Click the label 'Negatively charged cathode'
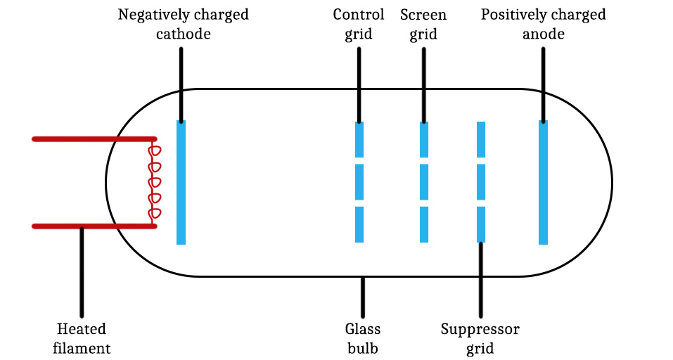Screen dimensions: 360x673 click(x=183, y=24)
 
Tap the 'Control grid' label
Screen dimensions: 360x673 click(x=359, y=24)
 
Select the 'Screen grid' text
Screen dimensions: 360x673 click(x=423, y=24)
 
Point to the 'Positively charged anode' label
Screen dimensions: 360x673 click(x=543, y=24)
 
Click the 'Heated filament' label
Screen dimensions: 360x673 click(x=82, y=338)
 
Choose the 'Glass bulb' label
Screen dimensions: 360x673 click(x=363, y=338)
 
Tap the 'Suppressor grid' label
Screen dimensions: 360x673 click(x=480, y=338)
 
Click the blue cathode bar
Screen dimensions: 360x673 click(x=181, y=183)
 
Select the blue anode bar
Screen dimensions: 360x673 click(x=543, y=183)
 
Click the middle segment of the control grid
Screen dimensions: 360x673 click(x=359, y=182)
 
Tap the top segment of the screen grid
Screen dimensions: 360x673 click(x=424, y=139)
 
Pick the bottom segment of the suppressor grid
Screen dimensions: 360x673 click(x=481, y=224)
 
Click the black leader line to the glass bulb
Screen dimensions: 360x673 click(x=363, y=297)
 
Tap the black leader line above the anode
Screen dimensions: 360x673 click(x=543, y=84)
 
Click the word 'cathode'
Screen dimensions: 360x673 click(x=183, y=33)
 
